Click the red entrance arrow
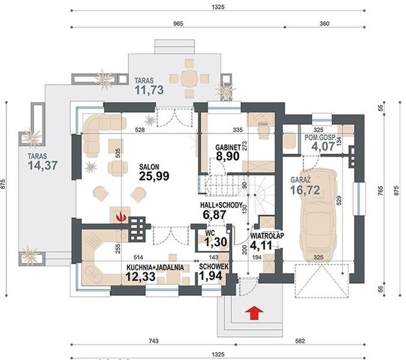254,313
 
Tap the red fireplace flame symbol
121,217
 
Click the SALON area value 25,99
154,176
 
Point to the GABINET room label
228,148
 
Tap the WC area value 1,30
216,242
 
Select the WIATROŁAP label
267,236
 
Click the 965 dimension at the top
178,24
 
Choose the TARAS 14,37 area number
43,166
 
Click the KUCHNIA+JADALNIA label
156,268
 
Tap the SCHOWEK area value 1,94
211,276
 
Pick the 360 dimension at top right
324,24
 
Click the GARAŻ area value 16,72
305,190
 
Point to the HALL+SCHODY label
222,205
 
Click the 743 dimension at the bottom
154,341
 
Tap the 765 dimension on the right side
380,190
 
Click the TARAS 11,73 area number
149,90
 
